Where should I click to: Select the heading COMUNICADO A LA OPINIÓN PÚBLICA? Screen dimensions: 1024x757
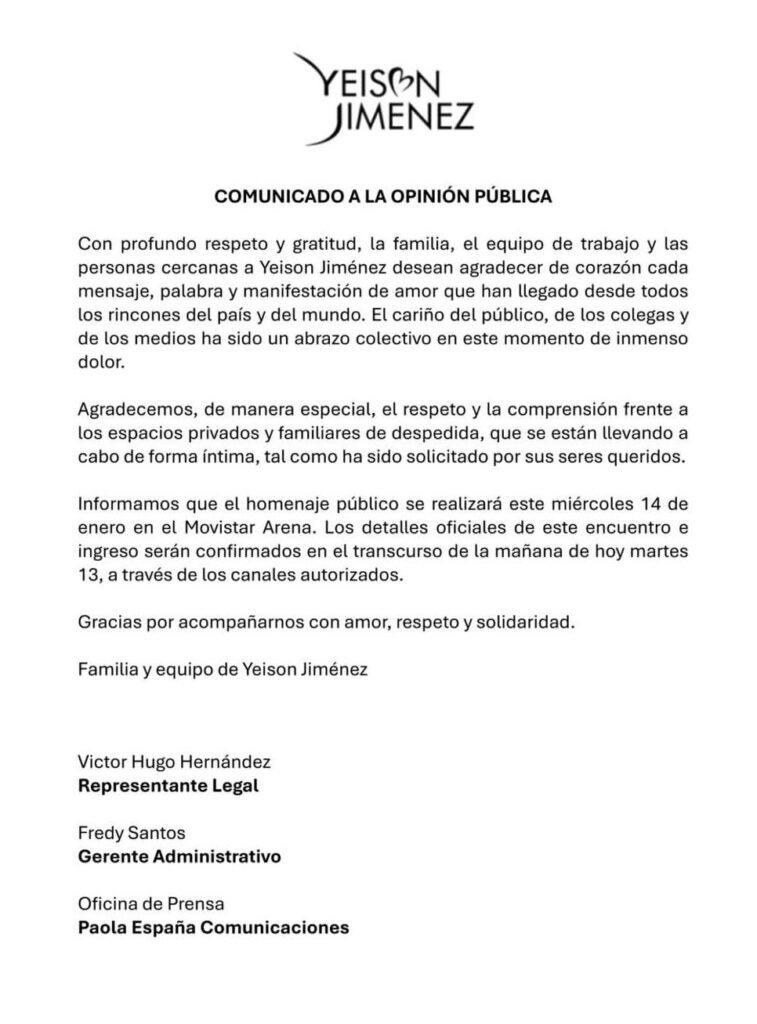(x=384, y=197)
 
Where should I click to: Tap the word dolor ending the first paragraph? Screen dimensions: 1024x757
(x=99, y=365)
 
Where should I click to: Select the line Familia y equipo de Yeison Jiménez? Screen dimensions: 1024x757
(x=223, y=670)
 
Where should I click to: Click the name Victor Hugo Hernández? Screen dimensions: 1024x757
(x=167, y=762)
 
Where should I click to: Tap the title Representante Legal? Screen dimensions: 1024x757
(x=168, y=786)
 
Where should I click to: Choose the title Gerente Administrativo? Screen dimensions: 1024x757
(x=180, y=857)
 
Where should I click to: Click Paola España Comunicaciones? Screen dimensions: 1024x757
(x=213, y=928)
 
